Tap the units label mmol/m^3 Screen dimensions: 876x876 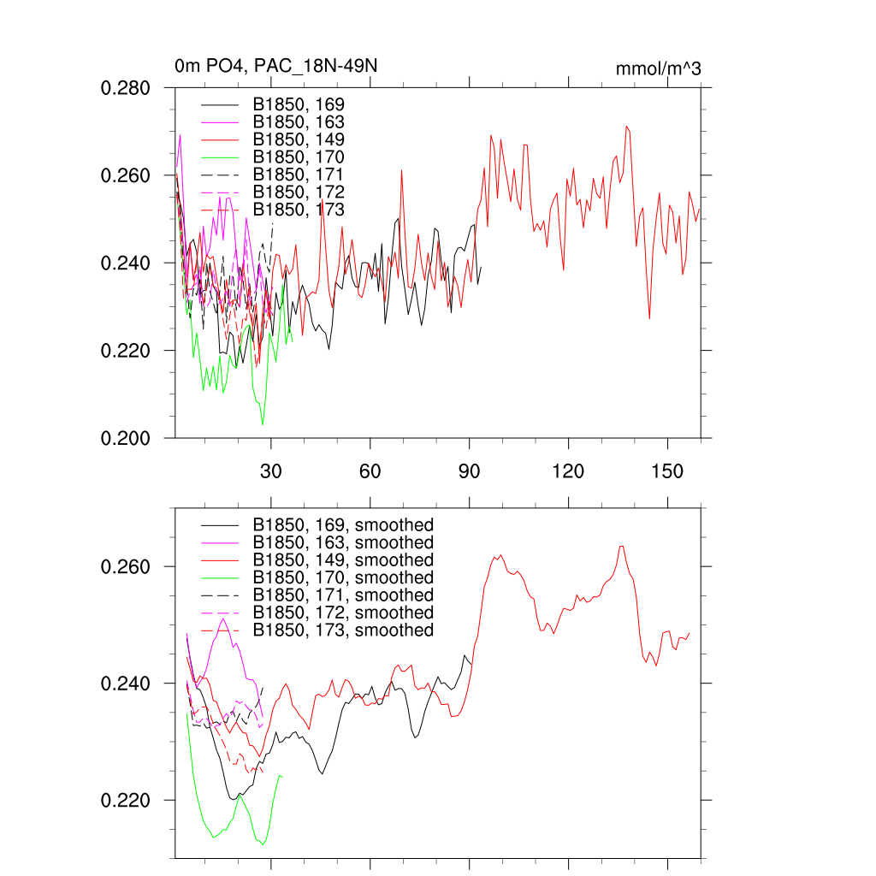point(658,68)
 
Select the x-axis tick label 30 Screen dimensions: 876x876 point(271,471)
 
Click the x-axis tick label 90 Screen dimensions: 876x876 point(469,471)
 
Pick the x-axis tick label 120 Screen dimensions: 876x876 point(568,471)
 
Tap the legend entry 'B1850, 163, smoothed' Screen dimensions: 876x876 point(343,542)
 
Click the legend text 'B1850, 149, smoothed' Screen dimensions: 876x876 point(343,560)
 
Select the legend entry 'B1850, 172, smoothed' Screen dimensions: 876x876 point(343,613)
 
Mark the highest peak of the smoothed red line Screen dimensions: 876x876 point(622,546)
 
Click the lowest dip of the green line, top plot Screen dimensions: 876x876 point(263,424)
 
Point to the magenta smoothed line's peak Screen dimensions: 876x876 point(222,619)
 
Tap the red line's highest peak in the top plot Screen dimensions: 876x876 point(627,126)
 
